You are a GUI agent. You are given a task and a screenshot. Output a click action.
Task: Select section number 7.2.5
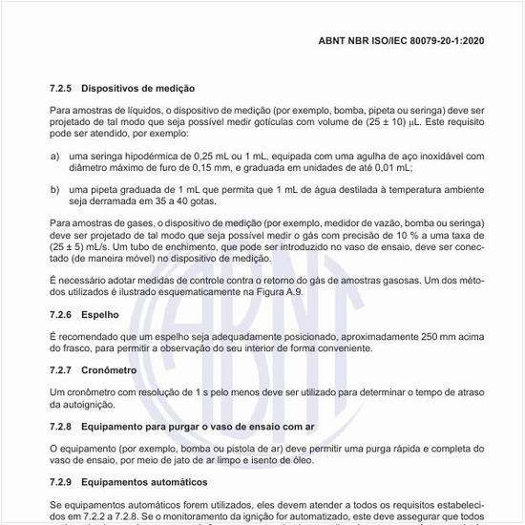(62, 87)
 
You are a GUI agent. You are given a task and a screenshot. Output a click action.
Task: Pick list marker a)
(55, 155)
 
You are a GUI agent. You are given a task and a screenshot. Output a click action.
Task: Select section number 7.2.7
(62, 368)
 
